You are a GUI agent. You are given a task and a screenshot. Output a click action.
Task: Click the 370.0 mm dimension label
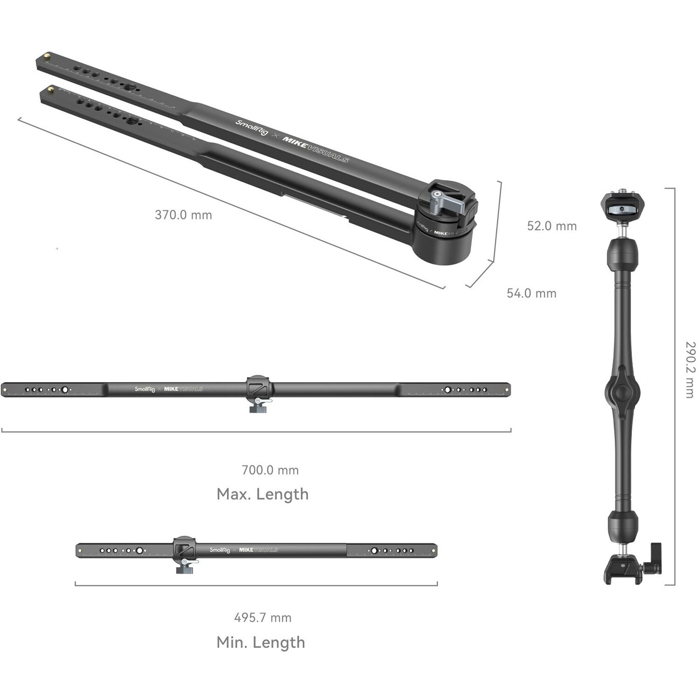[183, 215]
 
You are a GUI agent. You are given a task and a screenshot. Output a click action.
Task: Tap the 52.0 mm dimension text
[552, 226]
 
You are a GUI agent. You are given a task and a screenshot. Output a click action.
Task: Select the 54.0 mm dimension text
[531, 293]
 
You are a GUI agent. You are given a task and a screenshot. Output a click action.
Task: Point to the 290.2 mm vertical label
[690, 370]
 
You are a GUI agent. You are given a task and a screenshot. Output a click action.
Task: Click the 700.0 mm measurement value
[270, 470]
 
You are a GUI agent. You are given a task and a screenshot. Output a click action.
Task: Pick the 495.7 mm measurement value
[262, 618]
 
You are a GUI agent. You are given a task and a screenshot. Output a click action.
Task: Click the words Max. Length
[262, 494]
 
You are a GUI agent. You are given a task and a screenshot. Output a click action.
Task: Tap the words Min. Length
[260, 642]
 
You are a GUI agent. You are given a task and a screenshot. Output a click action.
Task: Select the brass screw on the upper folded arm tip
[47, 57]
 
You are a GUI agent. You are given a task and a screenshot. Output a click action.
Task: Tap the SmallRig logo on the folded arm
[251, 128]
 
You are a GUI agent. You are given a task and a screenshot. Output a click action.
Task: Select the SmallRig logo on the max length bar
[144, 389]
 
